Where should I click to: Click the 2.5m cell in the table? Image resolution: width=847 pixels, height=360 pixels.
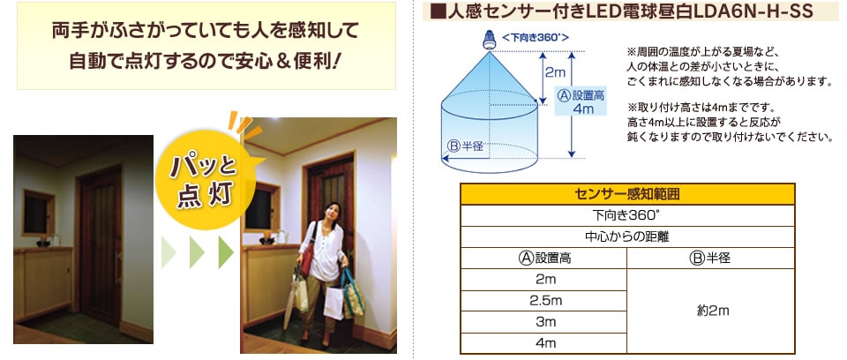pyautogui.click(x=543, y=301)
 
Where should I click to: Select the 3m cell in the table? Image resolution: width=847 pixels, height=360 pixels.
pyautogui.click(x=543, y=322)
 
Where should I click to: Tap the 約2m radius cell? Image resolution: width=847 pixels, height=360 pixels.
pyautogui.click(x=710, y=311)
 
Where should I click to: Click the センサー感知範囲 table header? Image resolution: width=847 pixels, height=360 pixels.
pyautogui.click(x=627, y=195)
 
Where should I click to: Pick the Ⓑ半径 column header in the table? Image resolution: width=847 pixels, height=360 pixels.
pyautogui.click(x=710, y=259)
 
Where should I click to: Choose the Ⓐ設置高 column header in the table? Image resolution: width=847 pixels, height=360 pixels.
pyautogui.click(x=543, y=259)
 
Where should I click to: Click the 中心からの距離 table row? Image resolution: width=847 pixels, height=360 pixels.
pyautogui.click(x=627, y=237)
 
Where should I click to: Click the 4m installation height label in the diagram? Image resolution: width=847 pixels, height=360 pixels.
pyautogui.click(x=581, y=102)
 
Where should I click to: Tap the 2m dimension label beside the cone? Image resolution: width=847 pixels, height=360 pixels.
pyautogui.click(x=555, y=71)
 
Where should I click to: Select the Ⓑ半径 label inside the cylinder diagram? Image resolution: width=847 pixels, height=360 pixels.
pyautogui.click(x=465, y=146)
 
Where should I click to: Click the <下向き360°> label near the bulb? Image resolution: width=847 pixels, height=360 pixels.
pyautogui.click(x=535, y=37)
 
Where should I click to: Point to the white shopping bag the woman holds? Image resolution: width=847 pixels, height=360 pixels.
pyautogui.click(x=334, y=303)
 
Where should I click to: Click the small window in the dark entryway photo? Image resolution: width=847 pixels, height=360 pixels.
pyautogui.click(x=38, y=213)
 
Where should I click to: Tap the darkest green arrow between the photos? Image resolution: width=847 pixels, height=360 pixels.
pyautogui.click(x=226, y=251)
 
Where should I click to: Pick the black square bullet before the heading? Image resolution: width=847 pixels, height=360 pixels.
pyautogui.click(x=437, y=11)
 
